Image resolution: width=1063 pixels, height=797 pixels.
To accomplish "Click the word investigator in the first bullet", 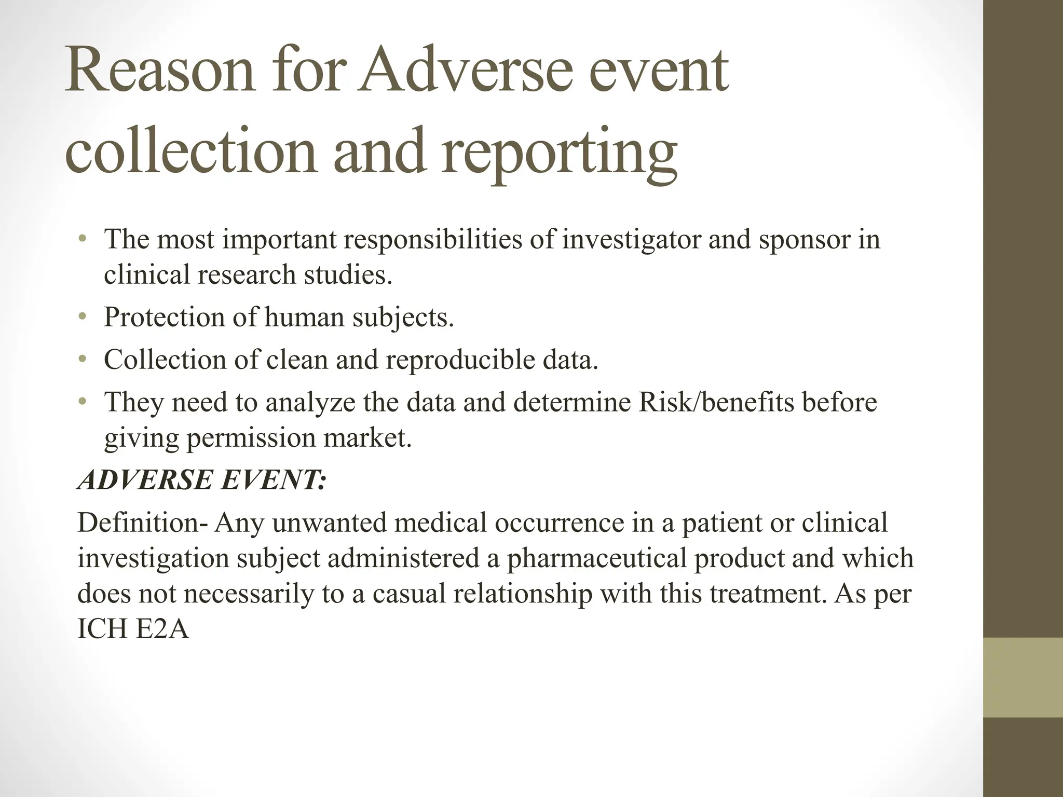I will coord(631,239).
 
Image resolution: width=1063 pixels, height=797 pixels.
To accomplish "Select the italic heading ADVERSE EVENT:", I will coord(202,479).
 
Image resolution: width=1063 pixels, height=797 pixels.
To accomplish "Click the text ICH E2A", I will coord(133,628).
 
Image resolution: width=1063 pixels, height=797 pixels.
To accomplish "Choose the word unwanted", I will coord(329,522).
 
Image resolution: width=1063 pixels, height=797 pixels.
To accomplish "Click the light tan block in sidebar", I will coord(1023,678).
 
